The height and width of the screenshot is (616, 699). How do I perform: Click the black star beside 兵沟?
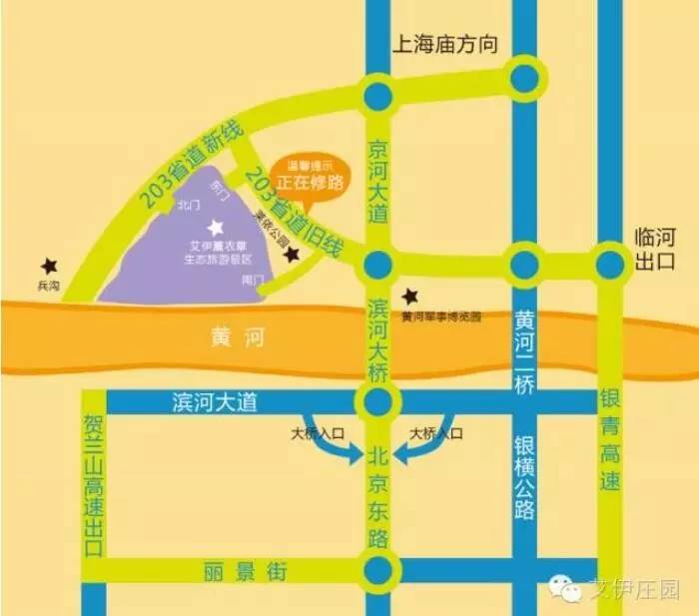tap(46, 266)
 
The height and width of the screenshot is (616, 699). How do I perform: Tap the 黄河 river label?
tap(238, 337)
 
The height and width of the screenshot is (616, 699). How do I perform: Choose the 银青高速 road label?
tap(610, 439)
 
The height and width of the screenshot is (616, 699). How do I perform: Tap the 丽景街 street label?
tap(246, 572)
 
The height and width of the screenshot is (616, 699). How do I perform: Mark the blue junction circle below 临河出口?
tap(610, 265)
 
